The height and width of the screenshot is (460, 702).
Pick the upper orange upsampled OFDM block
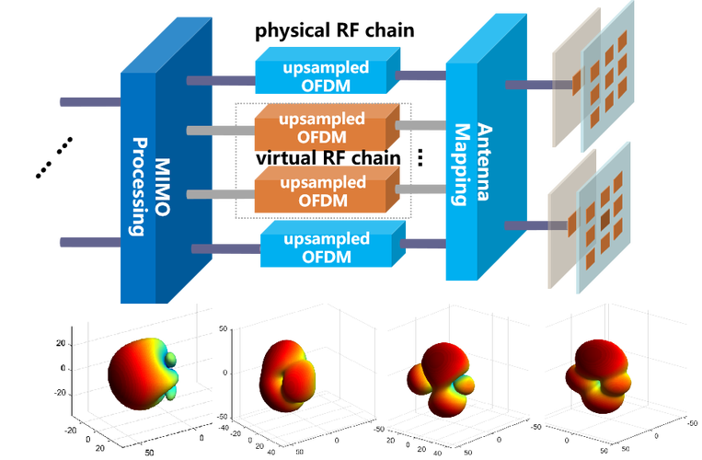pos(326,129)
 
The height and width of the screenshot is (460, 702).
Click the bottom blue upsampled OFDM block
pos(330,247)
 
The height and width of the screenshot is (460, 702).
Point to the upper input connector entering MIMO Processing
pos(88,101)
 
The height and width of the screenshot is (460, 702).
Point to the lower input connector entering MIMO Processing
pos(88,242)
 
